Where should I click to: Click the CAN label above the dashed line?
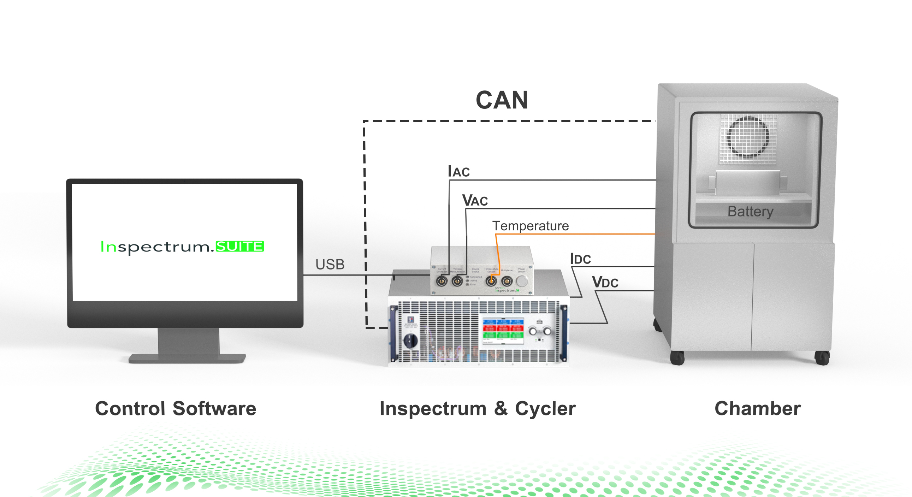tap(502, 100)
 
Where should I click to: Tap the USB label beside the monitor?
tap(330, 265)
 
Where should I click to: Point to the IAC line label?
tap(458, 171)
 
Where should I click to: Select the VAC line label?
tap(475, 200)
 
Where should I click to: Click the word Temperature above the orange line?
tap(530, 226)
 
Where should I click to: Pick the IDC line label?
tap(580, 259)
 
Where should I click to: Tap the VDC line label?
tap(605, 283)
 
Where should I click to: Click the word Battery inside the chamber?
tap(750, 211)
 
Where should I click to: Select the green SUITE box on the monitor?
tap(240, 246)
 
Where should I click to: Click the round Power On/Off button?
tap(521, 281)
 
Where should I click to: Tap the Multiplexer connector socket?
tap(507, 282)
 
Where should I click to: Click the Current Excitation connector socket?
tap(442, 282)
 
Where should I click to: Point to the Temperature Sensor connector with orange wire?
tap(491, 282)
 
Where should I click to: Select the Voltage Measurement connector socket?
tap(457, 282)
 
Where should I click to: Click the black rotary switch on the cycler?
tap(411, 341)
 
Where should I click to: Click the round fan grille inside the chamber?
tap(748, 137)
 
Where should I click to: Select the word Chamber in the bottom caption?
tap(758, 408)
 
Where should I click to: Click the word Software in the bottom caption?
tap(214, 408)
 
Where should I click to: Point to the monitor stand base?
tap(187, 358)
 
